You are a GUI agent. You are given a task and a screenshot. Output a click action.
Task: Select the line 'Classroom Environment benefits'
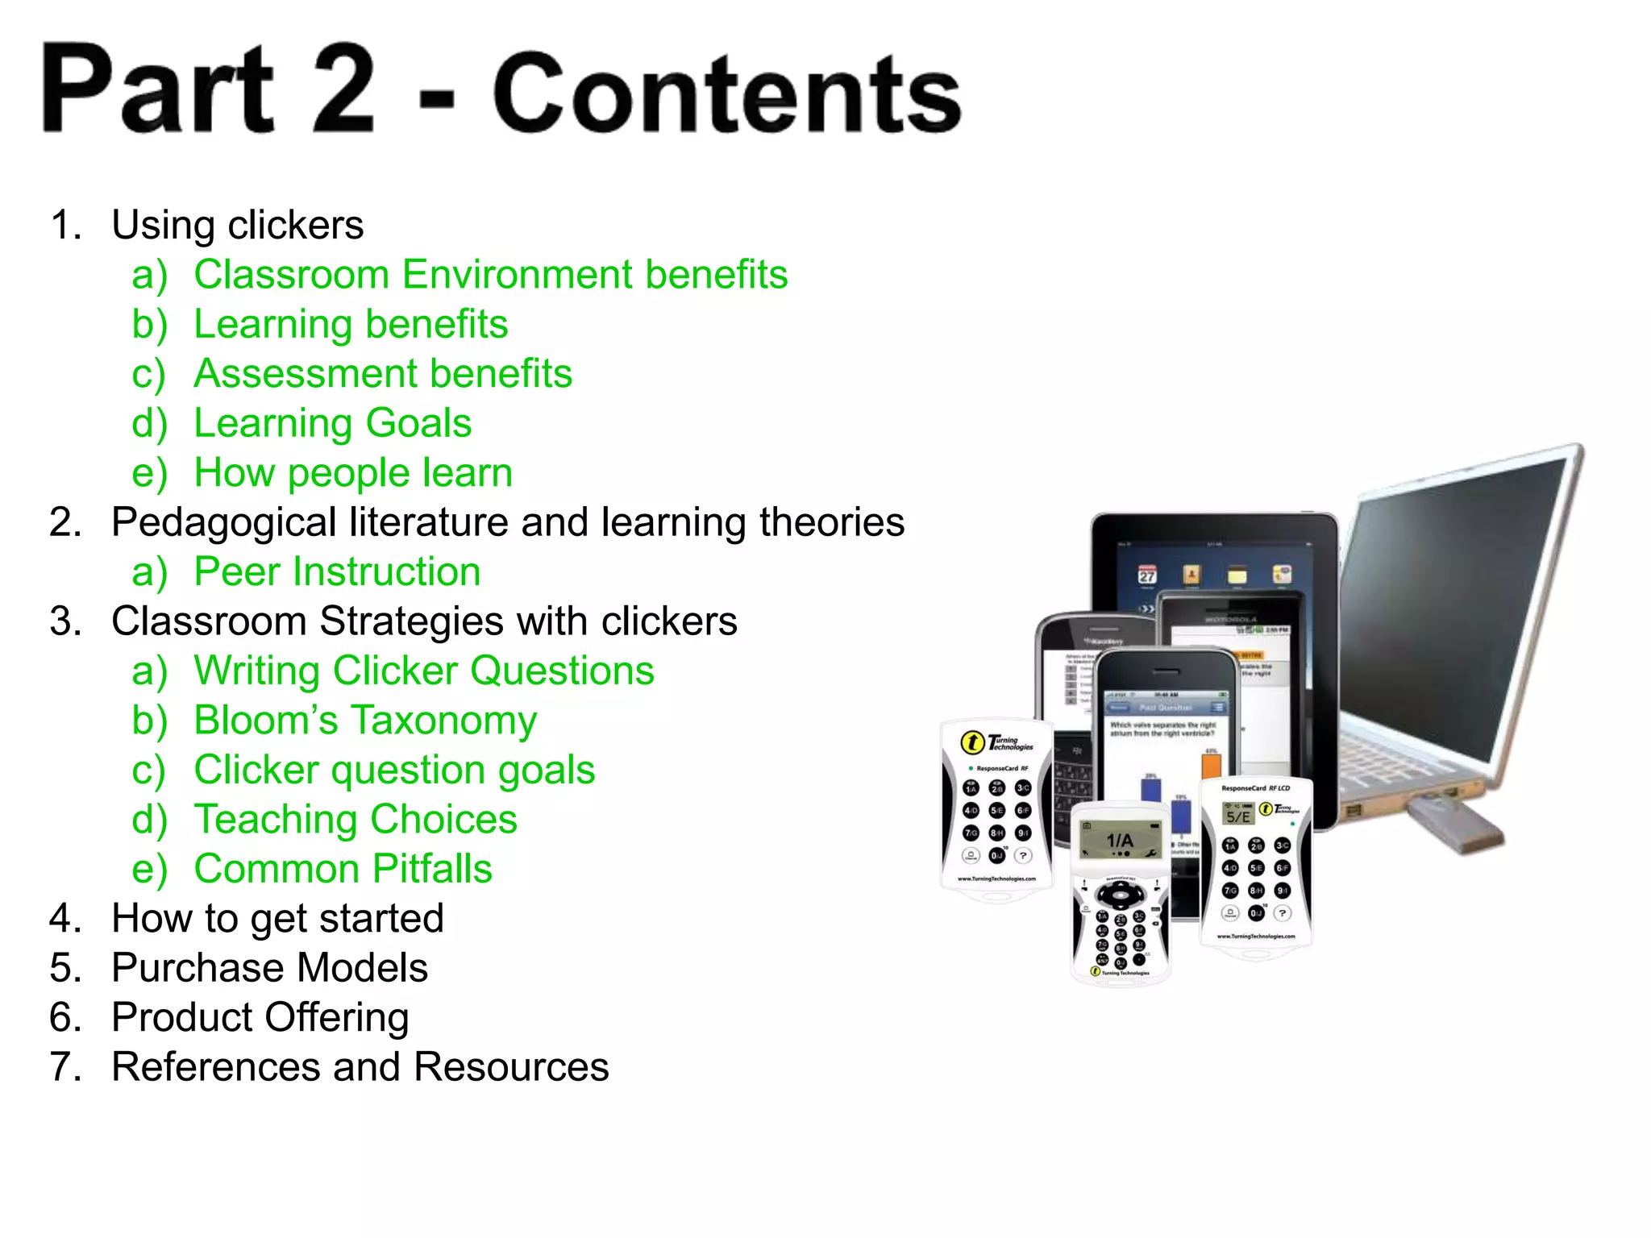coord(490,275)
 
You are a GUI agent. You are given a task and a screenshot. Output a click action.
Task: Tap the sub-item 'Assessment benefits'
coord(382,374)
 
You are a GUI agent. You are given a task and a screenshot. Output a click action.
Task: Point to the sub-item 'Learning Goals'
coord(332,424)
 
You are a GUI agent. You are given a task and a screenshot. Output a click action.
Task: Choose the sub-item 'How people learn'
coord(353,473)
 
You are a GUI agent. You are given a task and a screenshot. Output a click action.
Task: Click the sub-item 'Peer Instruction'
coord(337,572)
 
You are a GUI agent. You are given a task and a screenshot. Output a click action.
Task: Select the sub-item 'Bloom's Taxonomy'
coord(364,721)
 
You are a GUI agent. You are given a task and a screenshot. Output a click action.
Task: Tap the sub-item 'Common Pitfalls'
coord(343,869)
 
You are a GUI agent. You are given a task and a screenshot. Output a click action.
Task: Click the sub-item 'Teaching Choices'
coord(356,820)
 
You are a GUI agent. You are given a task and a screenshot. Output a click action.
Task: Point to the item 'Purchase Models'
coord(269,968)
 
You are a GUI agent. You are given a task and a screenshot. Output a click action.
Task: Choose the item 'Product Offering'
coord(260,1018)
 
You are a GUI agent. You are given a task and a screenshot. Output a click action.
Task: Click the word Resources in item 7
coord(511,1067)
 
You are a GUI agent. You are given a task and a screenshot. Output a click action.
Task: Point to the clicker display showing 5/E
coord(1238,816)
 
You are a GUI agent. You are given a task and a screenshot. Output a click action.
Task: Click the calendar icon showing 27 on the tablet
coord(1146,575)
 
